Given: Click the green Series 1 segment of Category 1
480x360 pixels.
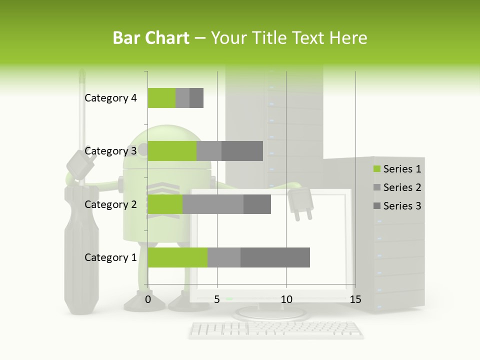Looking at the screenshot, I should [177, 257].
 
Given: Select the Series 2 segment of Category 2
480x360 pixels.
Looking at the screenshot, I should [213, 204].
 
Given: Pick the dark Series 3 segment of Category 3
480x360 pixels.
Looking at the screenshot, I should [242, 151].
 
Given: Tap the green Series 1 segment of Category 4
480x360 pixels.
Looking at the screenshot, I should [161, 98].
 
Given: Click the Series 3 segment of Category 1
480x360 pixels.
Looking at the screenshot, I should [275, 257].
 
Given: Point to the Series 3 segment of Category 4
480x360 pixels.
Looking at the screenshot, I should [196, 98].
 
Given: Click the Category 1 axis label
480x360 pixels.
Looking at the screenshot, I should [110, 257].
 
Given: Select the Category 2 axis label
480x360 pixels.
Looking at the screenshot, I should [110, 204].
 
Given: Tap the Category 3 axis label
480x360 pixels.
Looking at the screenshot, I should [110, 151].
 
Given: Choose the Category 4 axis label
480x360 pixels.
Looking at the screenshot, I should [110, 98].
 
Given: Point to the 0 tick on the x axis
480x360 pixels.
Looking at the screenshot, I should [148, 299].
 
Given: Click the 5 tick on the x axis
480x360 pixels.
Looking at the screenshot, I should [217, 299].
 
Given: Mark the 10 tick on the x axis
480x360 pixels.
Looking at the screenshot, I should [286, 299].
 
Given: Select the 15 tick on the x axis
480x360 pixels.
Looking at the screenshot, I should [355, 299].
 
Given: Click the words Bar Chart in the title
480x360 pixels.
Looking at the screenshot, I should [151, 37].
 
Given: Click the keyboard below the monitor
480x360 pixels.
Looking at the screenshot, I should [276, 329].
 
